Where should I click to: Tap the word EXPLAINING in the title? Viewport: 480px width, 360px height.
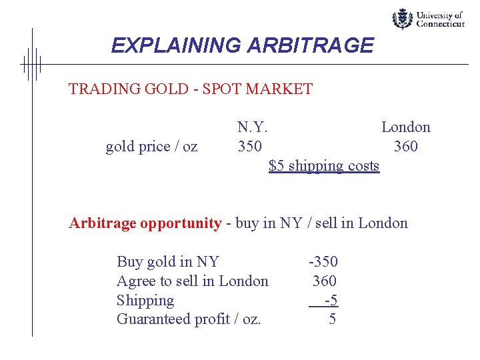click(175, 45)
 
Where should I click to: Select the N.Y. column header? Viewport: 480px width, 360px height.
click(253, 127)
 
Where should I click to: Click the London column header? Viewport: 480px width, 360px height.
click(405, 127)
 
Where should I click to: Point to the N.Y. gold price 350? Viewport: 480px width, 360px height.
click(250, 146)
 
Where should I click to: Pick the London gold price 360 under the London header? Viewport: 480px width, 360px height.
click(405, 146)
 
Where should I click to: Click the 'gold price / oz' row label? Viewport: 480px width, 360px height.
click(151, 146)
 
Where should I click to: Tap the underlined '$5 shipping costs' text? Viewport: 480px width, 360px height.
click(324, 165)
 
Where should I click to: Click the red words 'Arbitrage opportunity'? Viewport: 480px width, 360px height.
click(145, 223)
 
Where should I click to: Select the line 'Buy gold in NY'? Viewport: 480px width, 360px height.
click(167, 262)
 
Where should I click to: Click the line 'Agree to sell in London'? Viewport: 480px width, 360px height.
click(192, 281)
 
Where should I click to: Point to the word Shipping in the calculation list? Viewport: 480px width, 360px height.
click(145, 301)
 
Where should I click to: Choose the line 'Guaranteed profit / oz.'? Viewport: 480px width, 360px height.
click(189, 319)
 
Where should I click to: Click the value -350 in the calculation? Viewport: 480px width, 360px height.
click(323, 262)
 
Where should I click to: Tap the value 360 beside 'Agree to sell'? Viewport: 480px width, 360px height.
click(325, 281)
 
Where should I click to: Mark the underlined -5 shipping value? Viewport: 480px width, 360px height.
click(330, 301)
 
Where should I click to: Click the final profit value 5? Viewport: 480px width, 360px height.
click(332, 319)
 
